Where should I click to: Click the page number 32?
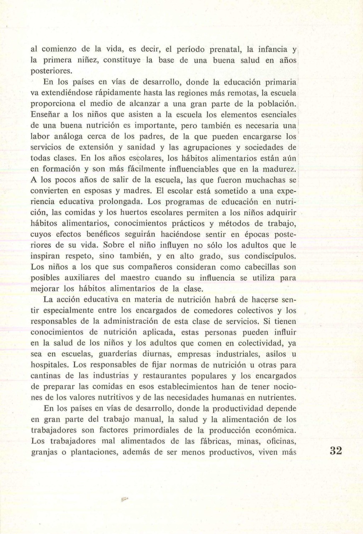[x=336, y=451]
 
